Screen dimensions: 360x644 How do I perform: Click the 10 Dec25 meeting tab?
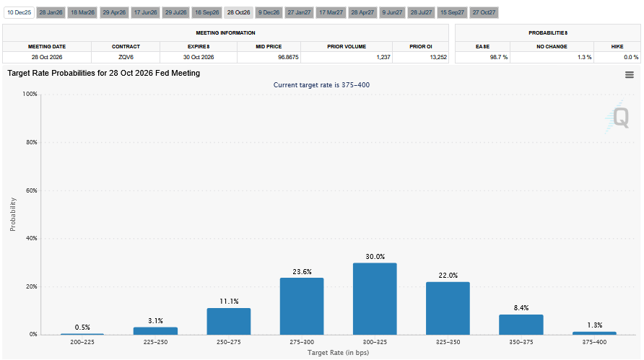[x=19, y=12]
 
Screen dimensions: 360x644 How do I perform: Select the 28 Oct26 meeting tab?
[x=238, y=12]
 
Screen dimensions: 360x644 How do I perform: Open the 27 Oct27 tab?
[x=484, y=12]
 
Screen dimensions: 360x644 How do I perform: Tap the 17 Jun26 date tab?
[x=146, y=12]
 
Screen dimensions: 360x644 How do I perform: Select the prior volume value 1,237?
[x=382, y=57]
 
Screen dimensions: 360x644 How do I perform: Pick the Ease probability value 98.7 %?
[x=498, y=57]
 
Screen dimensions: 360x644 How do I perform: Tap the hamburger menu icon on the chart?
[x=629, y=74]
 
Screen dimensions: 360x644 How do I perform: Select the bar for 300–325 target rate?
[x=374, y=298]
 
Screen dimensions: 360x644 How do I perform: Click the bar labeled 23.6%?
[x=301, y=306]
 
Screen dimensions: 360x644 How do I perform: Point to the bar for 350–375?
[x=521, y=324]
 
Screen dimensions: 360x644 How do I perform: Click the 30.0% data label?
[x=375, y=256]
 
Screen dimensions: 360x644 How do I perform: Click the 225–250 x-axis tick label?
[x=155, y=342]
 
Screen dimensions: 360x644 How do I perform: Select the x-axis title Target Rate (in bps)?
[x=338, y=351]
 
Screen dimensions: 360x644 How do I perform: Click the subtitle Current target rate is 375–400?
[x=322, y=85]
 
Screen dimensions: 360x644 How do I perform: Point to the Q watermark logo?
[x=619, y=116]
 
